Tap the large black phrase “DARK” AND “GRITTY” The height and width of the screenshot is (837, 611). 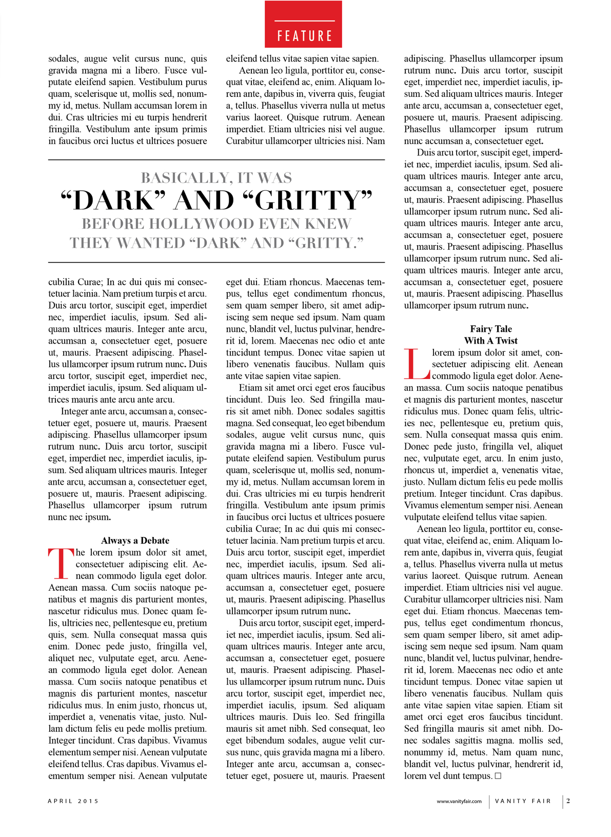pyautogui.click(x=216, y=201)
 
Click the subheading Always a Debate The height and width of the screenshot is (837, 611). pyautogui.click(x=135, y=541)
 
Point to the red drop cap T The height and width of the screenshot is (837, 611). pyautogui.click(x=61, y=563)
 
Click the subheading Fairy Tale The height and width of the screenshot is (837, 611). pyautogui.click(x=491, y=329)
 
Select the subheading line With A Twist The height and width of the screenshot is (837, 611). pyautogui.click(x=491, y=341)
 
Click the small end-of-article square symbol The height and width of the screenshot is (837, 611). pyautogui.click(x=498, y=776)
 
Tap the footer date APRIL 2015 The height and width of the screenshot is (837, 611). pyautogui.click(x=73, y=801)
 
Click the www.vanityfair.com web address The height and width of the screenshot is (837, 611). pyautogui.click(x=459, y=801)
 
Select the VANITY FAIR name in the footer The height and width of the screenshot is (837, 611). pyautogui.click(x=523, y=801)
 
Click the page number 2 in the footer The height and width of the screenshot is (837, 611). pyautogui.click(x=568, y=801)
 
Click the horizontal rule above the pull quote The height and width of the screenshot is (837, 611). pyautogui.click(x=216, y=160)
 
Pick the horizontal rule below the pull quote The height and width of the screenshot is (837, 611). pyautogui.click(x=216, y=263)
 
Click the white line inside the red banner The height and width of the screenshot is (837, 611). pyautogui.click(x=304, y=21)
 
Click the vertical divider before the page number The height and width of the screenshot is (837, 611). pyautogui.click(x=563, y=801)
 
